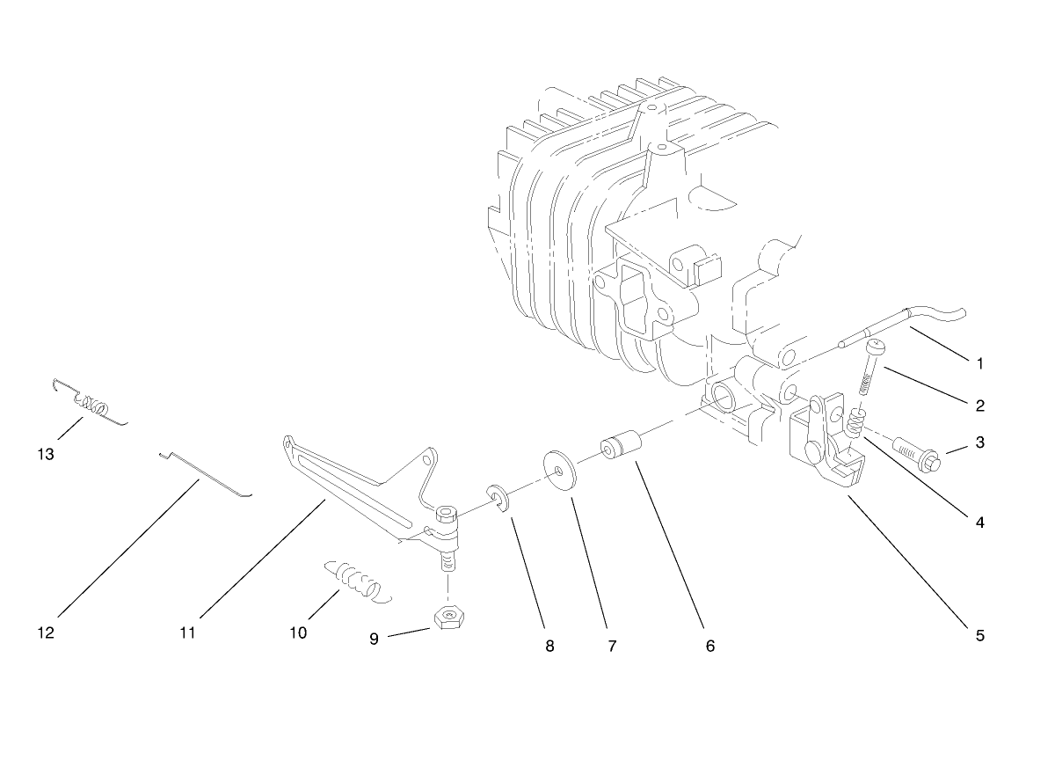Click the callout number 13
46,455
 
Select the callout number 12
46,632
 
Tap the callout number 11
187,632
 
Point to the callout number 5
979,635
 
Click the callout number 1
979,362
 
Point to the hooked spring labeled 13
88,403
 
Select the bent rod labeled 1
906,325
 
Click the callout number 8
549,646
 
